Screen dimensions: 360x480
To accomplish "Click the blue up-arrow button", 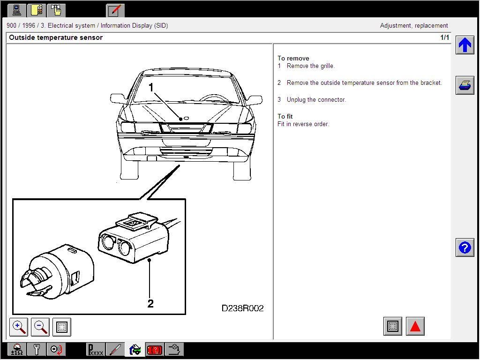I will click(x=465, y=45).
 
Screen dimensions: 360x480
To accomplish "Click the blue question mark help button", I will click(x=465, y=247).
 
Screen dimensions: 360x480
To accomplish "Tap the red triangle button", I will click(x=415, y=326).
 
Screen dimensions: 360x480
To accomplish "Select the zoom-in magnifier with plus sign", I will click(x=19, y=327).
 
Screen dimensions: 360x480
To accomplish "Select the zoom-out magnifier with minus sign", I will click(x=40, y=327).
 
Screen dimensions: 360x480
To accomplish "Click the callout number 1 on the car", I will click(x=151, y=87).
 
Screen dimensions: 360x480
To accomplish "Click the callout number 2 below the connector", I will click(x=150, y=304).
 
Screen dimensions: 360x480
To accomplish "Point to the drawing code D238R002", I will click(x=242, y=308).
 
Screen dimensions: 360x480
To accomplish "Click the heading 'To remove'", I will click(x=293, y=58).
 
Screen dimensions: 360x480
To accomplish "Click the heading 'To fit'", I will click(x=285, y=116).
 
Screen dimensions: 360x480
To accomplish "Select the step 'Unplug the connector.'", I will click(x=316, y=99).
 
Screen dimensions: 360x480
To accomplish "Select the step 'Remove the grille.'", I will click(x=310, y=66).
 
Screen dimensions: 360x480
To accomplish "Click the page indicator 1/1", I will click(x=444, y=37).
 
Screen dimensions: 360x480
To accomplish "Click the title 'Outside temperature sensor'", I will click(x=56, y=37).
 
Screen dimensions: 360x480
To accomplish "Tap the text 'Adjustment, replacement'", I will click(x=413, y=26).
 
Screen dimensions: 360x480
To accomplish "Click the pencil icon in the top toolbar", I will click(x=115, y=10).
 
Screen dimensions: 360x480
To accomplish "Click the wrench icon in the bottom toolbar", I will click(x=37, y=349).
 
